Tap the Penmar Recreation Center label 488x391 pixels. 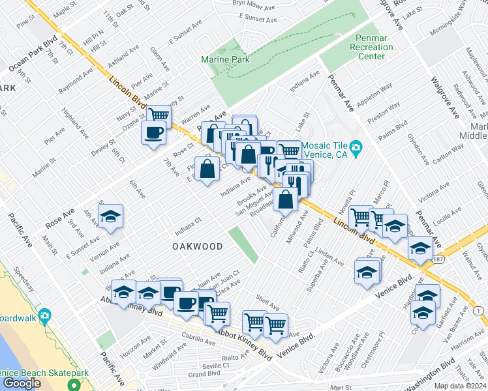point(372,47)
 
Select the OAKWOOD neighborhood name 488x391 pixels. point(198,247)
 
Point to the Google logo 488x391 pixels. point(22,383)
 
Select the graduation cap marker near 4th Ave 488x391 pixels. point(111,218)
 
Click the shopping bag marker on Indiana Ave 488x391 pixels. point(207,169)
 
